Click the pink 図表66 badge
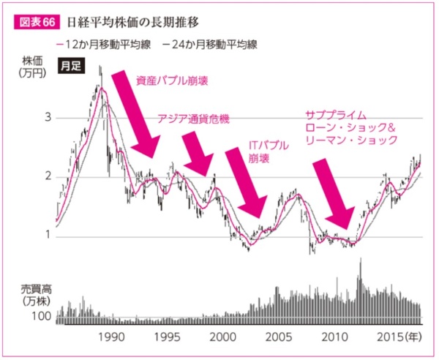(x=37, y=23)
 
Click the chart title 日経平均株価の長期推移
(x=132, y=23)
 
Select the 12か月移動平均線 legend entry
(x=104, y=45)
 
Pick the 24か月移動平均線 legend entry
(x=210, y=45)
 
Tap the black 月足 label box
(x=72, y=66)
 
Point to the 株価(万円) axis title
(x=32, y=67)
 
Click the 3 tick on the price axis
(x=48, y=117)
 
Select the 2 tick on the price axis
(x=48, y=176)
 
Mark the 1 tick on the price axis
(x=48, y=235)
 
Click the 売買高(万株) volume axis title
(x=36, y=295)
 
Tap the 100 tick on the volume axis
(x=41, y=316)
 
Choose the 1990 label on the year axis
(x=111, y=337)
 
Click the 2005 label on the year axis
(x=279, y=337)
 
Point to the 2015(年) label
(x=399, y=337)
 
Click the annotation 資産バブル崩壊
(x=172, y=81)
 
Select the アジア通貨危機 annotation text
(x=193, y=119)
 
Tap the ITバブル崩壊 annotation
(x=269, y=151)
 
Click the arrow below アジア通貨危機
(x=198, y=154)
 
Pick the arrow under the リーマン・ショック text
(x=334, y=194)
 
